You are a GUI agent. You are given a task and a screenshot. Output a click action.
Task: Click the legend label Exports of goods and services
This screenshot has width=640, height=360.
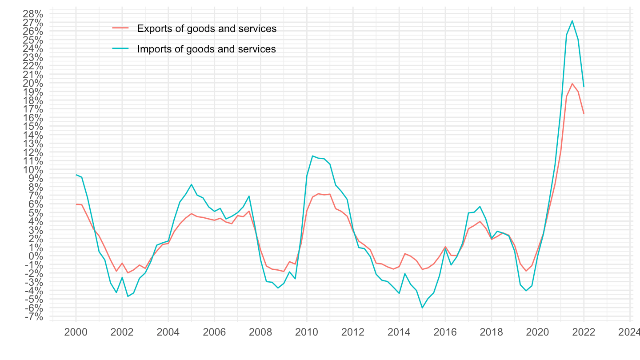(207, 28)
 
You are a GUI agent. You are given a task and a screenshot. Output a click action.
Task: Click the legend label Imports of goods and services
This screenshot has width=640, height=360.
(207, 49)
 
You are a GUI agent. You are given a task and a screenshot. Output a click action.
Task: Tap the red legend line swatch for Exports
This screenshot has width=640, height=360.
(120, 28)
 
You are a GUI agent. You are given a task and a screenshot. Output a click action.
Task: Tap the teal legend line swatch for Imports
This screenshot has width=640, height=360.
(120, 49)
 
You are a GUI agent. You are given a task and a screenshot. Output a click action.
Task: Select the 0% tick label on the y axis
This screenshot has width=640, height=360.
(36, 256)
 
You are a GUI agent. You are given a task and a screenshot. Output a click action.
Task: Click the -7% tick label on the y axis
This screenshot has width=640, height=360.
(34, 317)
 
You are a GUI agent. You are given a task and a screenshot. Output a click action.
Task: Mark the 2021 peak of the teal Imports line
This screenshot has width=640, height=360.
(572, 21)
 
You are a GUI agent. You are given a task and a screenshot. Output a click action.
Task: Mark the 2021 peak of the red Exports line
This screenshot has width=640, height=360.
(572, 84)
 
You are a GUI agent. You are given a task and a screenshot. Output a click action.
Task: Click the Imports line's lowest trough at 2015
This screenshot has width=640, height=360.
(422, 308)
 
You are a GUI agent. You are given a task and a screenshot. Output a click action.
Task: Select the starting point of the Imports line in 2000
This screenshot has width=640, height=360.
(76, 175)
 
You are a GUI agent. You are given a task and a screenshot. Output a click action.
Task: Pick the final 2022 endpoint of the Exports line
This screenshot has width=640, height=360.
(584, 114)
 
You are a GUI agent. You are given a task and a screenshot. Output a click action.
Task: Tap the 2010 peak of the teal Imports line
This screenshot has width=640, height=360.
(312, 156)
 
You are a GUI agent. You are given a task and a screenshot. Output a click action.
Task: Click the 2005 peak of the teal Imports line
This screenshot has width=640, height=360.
(191, 184)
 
